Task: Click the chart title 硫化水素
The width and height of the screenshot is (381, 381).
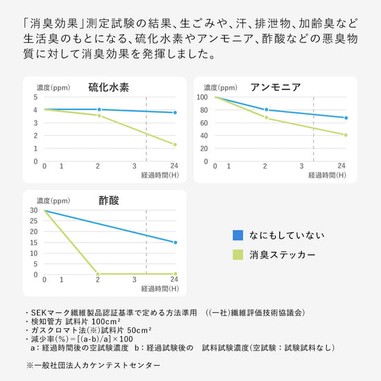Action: (109, 87)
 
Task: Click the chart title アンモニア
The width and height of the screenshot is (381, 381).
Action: (275, 87)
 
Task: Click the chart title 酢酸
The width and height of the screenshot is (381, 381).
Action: (109, 201)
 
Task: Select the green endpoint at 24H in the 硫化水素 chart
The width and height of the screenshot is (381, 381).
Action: (175, 145)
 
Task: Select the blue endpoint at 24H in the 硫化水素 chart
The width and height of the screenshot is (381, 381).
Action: (175, 112)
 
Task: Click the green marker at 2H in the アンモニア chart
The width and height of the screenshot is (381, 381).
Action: (265, 118)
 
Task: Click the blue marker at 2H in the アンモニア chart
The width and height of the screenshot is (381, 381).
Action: (265, 109)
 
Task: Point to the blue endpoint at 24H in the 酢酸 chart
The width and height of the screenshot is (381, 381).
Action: (175, 242)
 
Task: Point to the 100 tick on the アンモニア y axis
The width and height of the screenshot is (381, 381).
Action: (204, 97)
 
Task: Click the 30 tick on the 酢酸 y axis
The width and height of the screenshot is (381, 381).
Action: (34, 211)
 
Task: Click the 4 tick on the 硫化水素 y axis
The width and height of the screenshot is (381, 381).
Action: (35, 109)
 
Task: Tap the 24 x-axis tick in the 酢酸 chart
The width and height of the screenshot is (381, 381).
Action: (175, 280)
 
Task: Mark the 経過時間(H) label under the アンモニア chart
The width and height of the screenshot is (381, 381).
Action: (326, 176)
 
